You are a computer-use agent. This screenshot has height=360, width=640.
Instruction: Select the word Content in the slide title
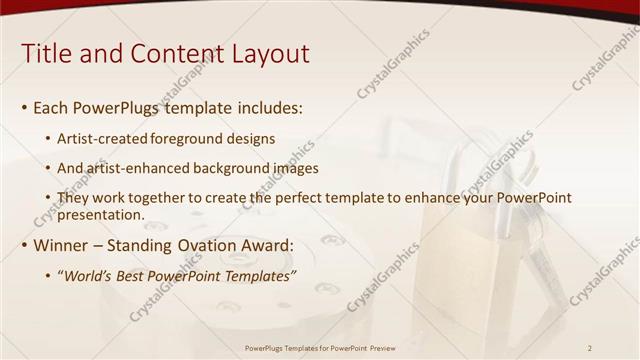(x=178, y=54)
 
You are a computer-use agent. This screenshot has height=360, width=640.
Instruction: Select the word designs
(x=250, y=139)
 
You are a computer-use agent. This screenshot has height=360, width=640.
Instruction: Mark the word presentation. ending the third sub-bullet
(x=101, y=214)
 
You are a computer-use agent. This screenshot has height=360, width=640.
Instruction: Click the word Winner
(x=62, y=245)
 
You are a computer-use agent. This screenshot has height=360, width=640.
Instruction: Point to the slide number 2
(x=590, y=347)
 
